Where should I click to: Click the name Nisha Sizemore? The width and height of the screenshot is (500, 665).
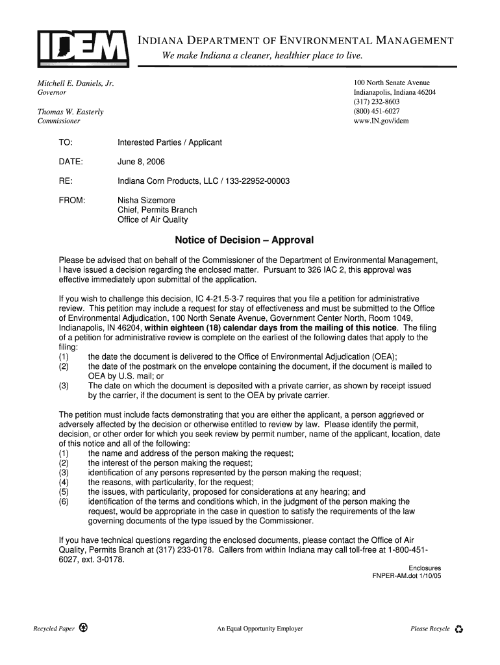[146, 200]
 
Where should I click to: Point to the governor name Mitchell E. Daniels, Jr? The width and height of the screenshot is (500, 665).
[75, 84]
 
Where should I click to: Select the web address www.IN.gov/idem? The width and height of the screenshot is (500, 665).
[381, 121]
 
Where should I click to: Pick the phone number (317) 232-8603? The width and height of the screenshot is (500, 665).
[377, 102]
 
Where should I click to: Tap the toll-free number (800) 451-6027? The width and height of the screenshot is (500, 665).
[377, 111]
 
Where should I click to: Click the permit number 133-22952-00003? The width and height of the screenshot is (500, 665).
[257, 181]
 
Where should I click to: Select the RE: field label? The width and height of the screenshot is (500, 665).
[66, 181]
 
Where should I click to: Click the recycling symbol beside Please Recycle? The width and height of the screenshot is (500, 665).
[459, 629]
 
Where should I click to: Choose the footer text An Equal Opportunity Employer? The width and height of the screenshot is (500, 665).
[260, 629]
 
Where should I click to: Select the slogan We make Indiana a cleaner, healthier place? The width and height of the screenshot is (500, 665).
[262, 56]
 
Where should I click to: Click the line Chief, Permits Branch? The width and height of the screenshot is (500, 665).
[157, 210]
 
